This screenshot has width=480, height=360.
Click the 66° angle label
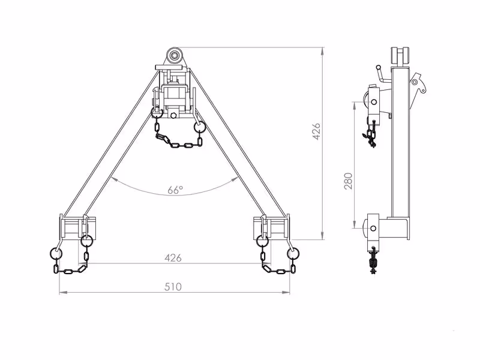point(175,190)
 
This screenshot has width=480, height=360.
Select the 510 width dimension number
point(173,287)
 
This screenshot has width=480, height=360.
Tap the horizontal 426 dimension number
point(173,258)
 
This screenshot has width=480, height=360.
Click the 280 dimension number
point(349,181)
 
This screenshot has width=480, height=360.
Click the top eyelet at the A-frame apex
point(175,56)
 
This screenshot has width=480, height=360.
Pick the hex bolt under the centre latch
point(173,115)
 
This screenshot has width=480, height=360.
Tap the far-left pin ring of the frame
point(56,253)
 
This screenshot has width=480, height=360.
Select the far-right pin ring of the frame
point(293,253)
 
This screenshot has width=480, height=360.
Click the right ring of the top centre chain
point(200,126)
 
